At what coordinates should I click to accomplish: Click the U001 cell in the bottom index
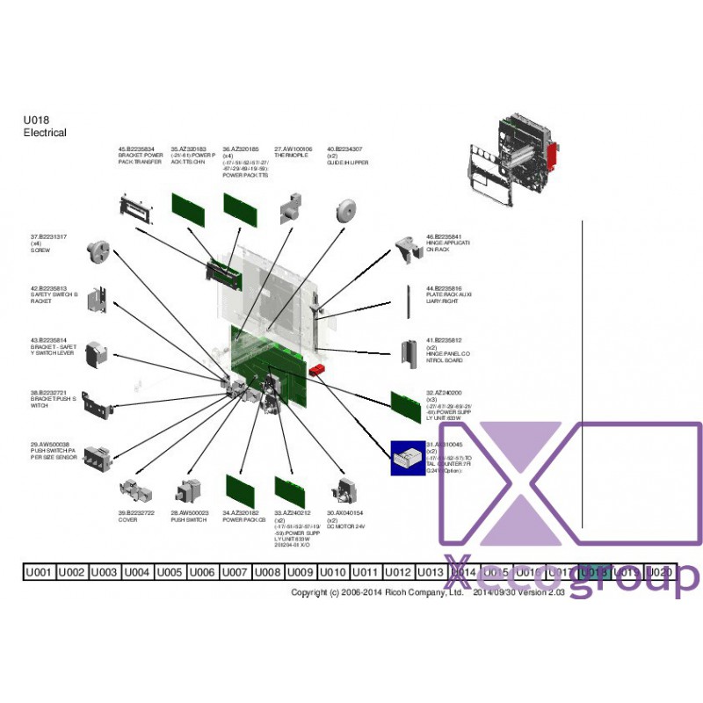(39, 572)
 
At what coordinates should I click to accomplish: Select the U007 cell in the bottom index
(235, 572)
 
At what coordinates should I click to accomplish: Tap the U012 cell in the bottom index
(397, 572)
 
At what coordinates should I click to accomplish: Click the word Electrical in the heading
(45, 133)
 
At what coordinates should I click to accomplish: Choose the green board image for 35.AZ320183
(187, 208)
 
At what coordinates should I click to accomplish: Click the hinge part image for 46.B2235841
(406, 249)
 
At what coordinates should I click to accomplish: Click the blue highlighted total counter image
(408, 458)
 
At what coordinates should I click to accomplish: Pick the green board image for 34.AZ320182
(240, 490)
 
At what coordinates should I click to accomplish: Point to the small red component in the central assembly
(317, 370)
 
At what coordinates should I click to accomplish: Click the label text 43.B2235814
(50, 340)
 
